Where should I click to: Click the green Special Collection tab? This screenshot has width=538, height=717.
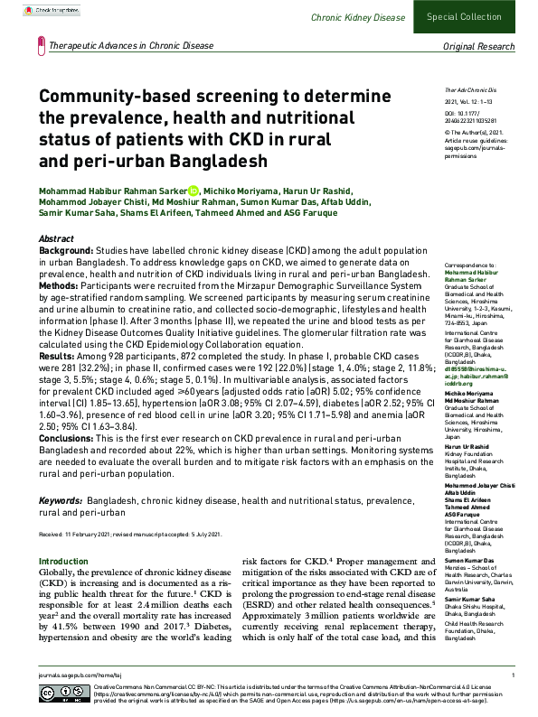pyautogui.click(x=476, y=17)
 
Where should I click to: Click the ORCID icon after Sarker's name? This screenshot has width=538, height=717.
pyautogui.click(x=193, y=191)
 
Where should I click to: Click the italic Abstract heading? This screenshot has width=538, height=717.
pyautogui.click(x=56, y=237)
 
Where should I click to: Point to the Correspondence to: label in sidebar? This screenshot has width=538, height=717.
pyautogui.click(x=469, y=264)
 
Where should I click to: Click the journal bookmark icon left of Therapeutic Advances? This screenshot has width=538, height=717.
pyautogui.click(x=42, y=44)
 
